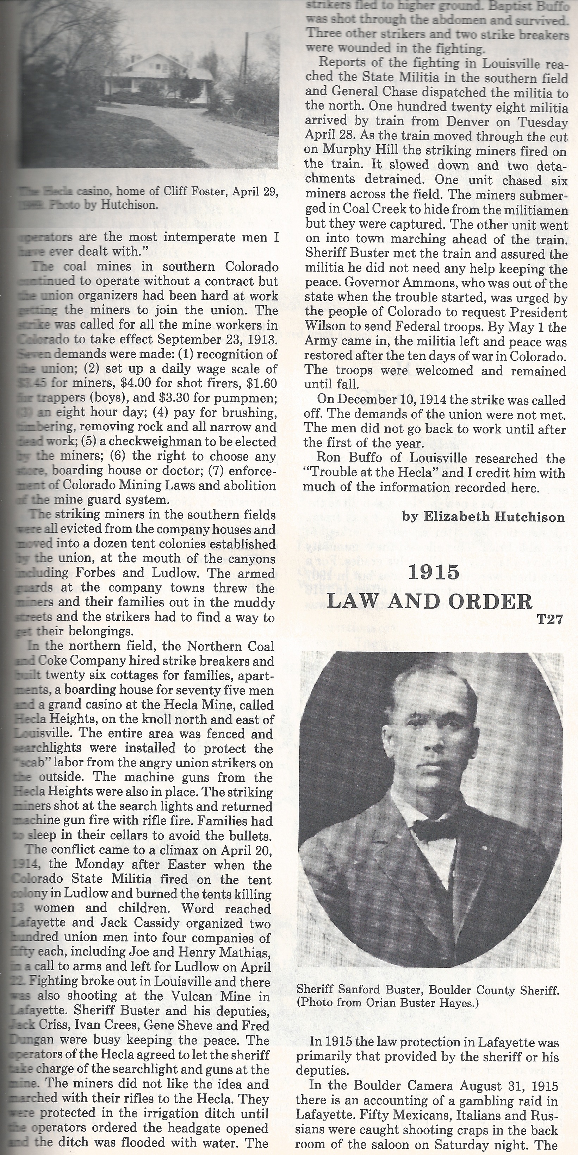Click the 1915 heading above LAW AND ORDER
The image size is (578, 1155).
coord(434,572)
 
